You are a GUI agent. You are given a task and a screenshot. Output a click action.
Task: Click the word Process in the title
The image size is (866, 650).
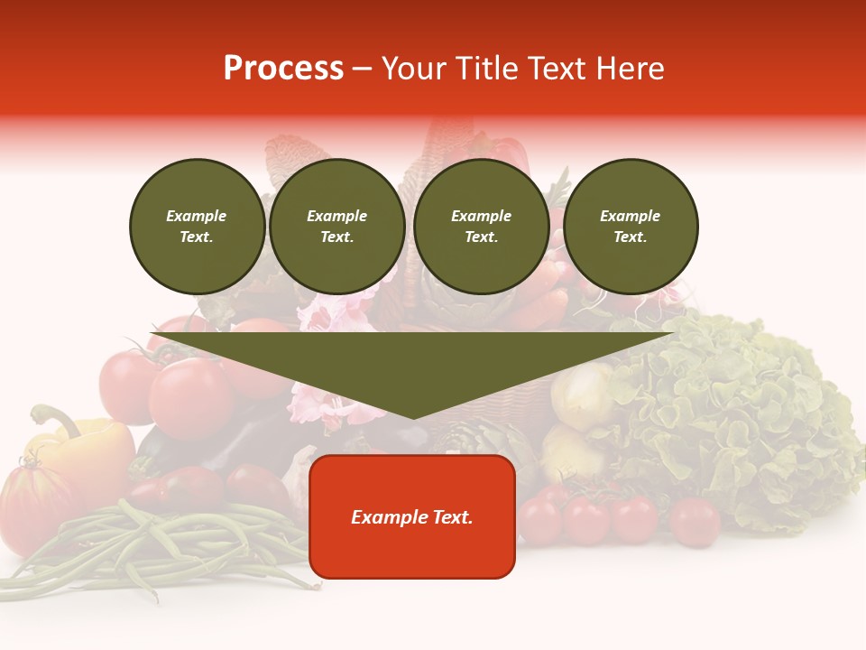point(283,69)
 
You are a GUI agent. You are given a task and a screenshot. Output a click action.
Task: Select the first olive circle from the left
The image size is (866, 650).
point(197,227)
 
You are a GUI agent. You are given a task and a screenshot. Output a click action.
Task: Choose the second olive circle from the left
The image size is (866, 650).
point(336,227)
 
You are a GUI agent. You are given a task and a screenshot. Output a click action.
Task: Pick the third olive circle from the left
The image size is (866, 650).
point(481,227)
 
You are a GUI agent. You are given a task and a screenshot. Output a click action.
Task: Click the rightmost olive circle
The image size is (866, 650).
point(630,227)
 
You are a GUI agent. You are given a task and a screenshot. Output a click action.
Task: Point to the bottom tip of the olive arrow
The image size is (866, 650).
point(413,418)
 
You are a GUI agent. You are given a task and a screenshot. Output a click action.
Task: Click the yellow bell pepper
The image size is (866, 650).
point(86,447)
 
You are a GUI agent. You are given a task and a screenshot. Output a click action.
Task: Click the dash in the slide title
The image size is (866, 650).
point(363,69)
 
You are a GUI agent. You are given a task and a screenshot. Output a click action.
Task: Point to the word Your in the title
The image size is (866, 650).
point(413,69)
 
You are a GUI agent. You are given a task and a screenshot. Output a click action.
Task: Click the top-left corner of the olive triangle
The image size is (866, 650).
point(152,334)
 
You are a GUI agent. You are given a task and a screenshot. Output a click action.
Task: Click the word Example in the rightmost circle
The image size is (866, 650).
point(630,216)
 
